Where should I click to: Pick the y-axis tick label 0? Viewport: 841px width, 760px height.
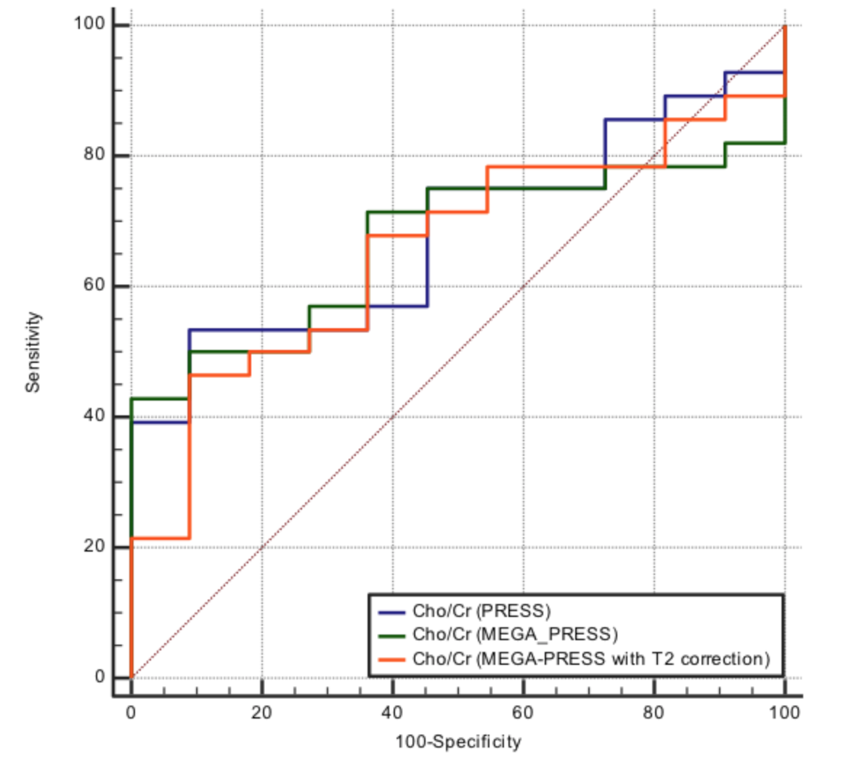point(99,677)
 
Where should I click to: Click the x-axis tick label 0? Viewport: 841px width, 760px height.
point(131,712)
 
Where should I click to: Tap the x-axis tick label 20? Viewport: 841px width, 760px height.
point(261,712)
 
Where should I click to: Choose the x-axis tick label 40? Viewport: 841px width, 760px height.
point(392,712)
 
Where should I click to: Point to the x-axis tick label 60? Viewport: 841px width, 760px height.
point(523,712)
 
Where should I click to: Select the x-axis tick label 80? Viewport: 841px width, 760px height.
point(654,712)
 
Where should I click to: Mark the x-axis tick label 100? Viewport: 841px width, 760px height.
point(784,712)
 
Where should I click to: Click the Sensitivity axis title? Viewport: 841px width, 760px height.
point(33,351)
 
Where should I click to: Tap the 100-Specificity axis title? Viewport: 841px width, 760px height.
point(458,742)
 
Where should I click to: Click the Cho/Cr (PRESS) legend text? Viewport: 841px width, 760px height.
point(482,610)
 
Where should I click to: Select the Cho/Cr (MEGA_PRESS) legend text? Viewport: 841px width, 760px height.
point(515,634)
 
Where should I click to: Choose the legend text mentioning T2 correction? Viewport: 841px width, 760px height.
point(590,658)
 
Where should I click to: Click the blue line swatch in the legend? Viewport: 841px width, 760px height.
point(391,612)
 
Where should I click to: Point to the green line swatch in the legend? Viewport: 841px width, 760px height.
point(391,636)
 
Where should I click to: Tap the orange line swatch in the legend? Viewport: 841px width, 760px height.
point(391,660)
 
